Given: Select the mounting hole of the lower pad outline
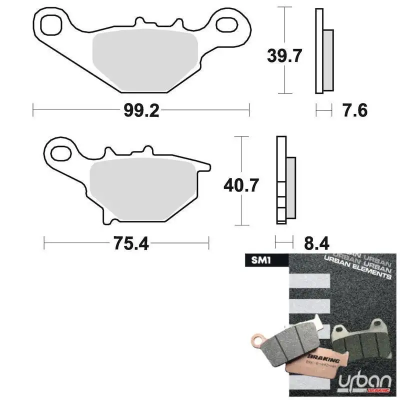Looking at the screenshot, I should [60, 152].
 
